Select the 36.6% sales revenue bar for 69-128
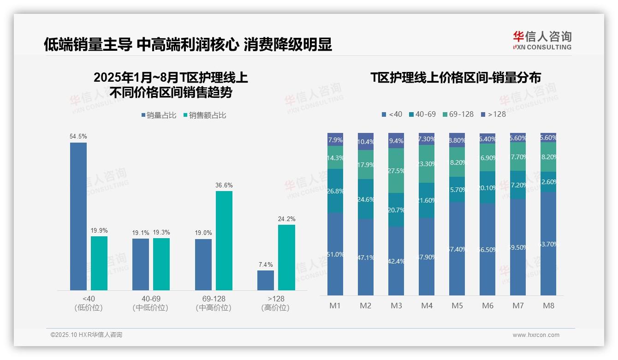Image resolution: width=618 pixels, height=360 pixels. [x=224, y=240]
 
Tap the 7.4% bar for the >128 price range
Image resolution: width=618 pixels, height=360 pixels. [x=266, y=280]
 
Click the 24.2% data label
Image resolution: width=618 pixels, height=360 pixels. [x=287, y=219]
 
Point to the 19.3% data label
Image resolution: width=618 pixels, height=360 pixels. [x=161, y=233]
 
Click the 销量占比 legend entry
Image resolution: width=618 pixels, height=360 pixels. [x=159, y=115]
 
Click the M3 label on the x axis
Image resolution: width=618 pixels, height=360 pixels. [x=396, y=306]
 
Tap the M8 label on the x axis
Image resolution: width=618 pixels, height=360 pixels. [x=548, y=306]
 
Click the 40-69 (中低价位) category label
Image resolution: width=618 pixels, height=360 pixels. [x=150, y=303]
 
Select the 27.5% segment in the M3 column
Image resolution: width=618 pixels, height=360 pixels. [x=396, y=170]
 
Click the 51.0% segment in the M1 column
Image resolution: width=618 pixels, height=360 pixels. [x=335, y=254]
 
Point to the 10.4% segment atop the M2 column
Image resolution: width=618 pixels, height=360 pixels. [x=366, y=142]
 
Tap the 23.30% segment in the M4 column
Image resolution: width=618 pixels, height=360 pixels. [x=427, y=164]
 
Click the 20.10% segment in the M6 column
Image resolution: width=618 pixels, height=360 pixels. [x=487, y=187]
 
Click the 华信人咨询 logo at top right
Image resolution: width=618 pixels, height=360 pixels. [x=542, y=40]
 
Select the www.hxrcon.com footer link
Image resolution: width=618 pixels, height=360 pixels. [x=536, y=335]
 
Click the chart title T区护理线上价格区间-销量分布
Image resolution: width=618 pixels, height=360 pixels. [x=456, y=78]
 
